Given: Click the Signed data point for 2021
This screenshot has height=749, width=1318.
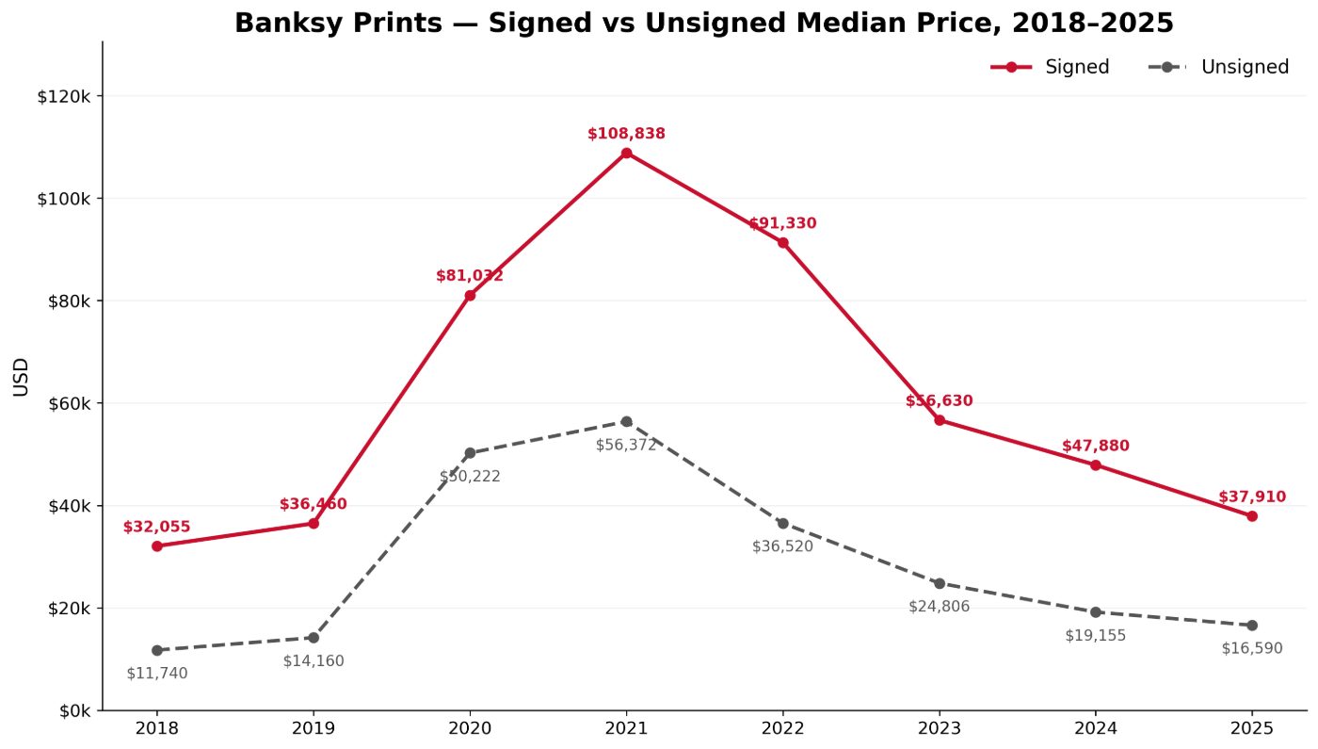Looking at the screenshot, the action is click(x=626, y=153).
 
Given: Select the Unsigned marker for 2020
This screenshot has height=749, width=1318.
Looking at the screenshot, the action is click(x=470, y=453).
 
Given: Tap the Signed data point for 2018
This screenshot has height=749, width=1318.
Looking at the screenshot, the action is click(x=157, y=545).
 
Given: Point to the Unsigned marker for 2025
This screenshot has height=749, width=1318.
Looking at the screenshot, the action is click(x=1251, y=625).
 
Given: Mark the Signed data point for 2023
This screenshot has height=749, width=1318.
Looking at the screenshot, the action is click(x=940, y=420).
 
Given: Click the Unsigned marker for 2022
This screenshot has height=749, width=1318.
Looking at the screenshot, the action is click(x=782, y=523).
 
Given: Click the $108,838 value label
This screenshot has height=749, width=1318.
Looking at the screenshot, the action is click(x=626, y=134).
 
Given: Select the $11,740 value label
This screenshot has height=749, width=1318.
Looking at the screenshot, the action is click(x=157, y=673).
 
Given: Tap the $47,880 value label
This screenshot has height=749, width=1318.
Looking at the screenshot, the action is click(x=1096, y=446).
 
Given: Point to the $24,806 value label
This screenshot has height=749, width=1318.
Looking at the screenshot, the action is click(x=940, y=606).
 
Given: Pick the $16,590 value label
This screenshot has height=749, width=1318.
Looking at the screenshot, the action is click(x=1251, y=648).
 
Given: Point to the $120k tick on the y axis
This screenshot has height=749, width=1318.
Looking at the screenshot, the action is click(x=64, y=96).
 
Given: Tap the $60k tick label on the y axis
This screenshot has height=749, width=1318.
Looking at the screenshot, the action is click(x=68, y=404).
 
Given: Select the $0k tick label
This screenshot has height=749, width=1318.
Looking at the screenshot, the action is click(x=74, y=711).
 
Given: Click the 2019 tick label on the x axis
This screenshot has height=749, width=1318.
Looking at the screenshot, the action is click(x=313, y=729).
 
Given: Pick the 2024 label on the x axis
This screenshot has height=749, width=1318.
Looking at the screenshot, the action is click(x=1096, y=729).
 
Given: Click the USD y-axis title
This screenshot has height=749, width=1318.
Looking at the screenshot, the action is click(x=21, y=377).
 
